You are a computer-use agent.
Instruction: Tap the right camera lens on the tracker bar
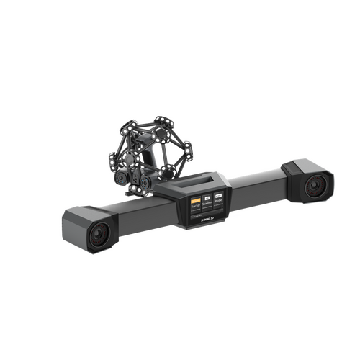pos(314,187)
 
